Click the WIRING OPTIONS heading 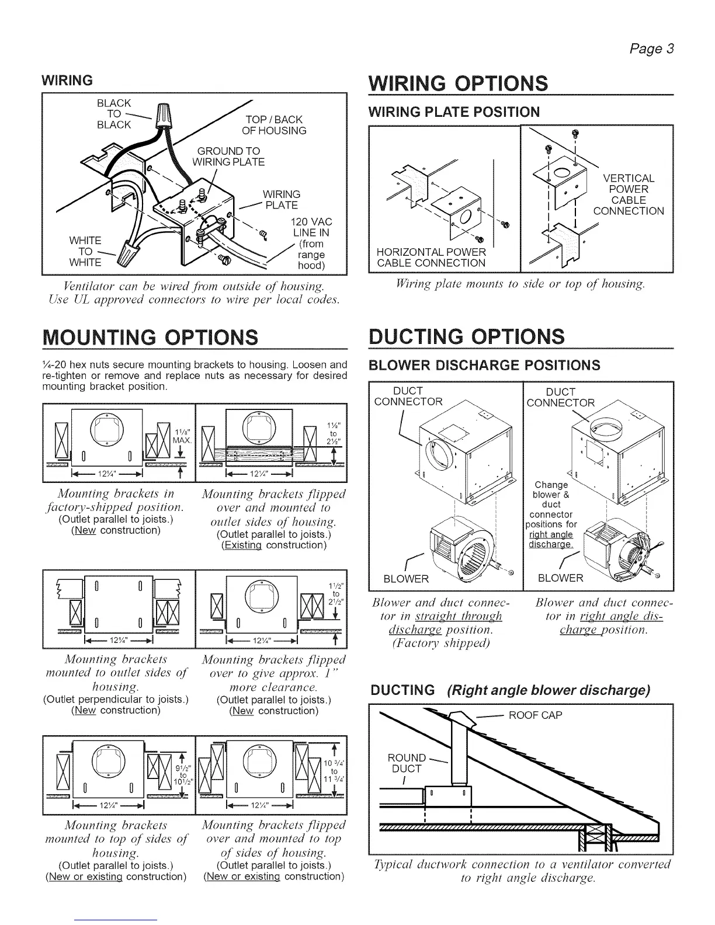[457, 83]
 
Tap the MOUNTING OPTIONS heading [146, 337]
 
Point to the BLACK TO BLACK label [114, 114]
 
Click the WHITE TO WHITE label [85, 252]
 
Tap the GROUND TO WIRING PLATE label [228, 157]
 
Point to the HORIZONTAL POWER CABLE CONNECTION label [431, 258]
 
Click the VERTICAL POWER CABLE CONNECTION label [629, 194]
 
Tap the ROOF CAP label [536, 715]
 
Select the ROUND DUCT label [407, 763]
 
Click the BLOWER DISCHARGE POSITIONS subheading [485, 366]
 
